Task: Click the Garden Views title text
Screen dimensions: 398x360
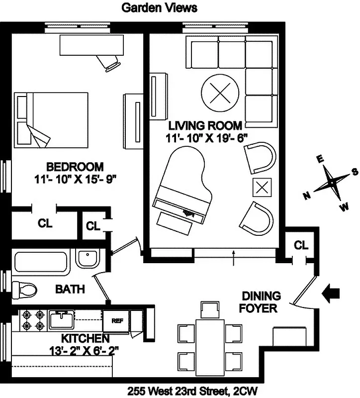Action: click(x=159, y=7)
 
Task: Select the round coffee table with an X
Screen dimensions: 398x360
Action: click(x=219, y=93)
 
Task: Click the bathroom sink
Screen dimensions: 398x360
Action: click(x=89, y=259)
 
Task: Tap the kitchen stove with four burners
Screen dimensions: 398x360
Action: click(x=32, y=320)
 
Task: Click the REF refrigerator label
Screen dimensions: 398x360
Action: click(x=117, y=320)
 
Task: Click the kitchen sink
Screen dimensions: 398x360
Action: click(x=62, y=318)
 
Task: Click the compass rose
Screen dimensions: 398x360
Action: click(x=330, y=184)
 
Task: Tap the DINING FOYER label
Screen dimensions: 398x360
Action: click(x=260, y=302)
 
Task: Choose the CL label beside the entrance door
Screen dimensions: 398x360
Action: click(x=301, y=245)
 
